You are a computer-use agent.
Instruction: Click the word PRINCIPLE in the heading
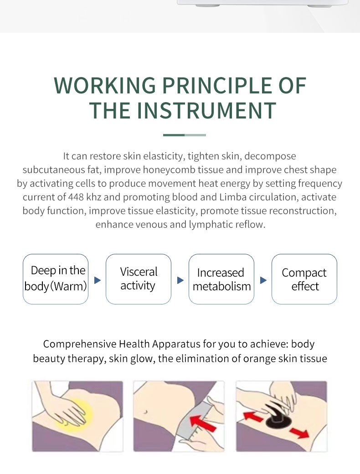click(x=217, y=86)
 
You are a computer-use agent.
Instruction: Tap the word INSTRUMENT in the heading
click(x=206, y=110)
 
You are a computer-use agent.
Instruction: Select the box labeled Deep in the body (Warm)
click(x=56, y=279)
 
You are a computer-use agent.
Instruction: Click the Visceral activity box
click(x=139, y=279)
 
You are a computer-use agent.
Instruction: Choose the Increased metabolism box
click(x=221, y=279)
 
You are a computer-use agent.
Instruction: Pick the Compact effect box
click(x=304, y=279)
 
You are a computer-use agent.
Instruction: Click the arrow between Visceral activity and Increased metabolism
click(x=180, y=280)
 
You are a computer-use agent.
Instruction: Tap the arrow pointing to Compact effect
click(x=263, y=280)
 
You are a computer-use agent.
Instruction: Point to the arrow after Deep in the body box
click(x=98, y=280)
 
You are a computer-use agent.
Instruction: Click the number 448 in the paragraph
click(x=76, y=197)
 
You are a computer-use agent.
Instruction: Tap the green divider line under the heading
click(x=185, y=135)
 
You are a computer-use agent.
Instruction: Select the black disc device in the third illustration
click(x=277, y=417)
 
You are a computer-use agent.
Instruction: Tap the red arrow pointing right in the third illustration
click(x=299, y=432)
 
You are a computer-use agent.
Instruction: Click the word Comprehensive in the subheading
click(x=80, y=344)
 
